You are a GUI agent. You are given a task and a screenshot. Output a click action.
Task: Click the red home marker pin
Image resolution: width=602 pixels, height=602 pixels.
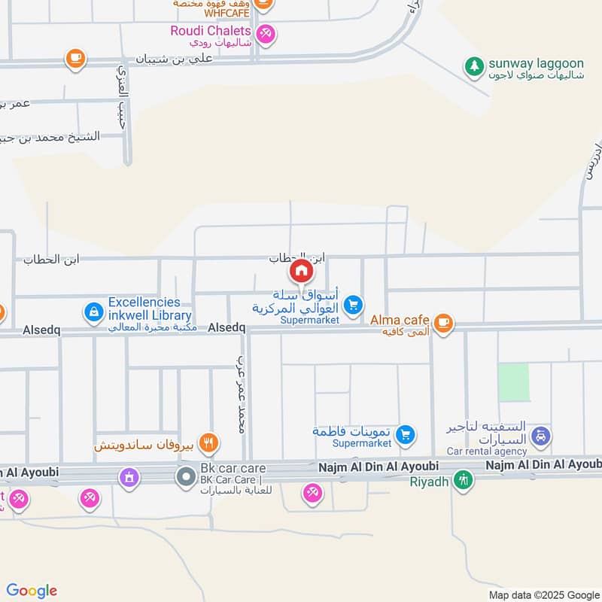pyautogui.click(x=301, y=270)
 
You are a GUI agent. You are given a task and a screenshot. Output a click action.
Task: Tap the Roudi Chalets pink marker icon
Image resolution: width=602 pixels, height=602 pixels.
pyautogui.click(x=265, y=33)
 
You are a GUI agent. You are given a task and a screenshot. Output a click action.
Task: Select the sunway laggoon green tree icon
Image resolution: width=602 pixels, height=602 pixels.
pyautogui.click(x=474, y=66)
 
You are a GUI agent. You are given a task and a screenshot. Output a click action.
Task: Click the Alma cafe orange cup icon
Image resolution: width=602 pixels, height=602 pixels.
pyautogui.click(x=444, y=322)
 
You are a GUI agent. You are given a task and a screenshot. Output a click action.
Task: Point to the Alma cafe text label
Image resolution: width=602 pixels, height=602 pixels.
pyautogui.click(x=400, y=320)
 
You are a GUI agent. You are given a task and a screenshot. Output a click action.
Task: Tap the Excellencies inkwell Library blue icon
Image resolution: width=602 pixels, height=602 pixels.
pyautogui.click(x=94, y=311)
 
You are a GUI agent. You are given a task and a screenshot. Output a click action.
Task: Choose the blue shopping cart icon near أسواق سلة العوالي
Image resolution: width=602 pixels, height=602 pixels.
pyautogui.click(x=353, y=305)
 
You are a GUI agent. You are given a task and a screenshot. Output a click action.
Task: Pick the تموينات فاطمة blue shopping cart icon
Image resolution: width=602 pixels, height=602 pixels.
pyautogui.click(x=406, y=434)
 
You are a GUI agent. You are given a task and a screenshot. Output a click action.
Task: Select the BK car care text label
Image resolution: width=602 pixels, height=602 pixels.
pyautogui.click(x=223, y=468)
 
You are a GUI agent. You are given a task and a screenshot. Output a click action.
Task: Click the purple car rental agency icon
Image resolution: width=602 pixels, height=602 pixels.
pyautogui.click(x=540, y=436)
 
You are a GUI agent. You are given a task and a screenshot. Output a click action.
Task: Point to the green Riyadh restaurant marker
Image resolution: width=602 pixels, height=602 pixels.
pyautogui.click(x=464, y=479)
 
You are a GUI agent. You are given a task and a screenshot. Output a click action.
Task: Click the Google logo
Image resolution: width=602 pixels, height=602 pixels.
pyautogui.click(x=32, y=591)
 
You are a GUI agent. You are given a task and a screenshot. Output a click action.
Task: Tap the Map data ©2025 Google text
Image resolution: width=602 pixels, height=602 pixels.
pyautogui.click(x=551, y=592)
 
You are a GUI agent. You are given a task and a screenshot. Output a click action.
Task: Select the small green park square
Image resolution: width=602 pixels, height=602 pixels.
pyautogui.click(x=514, y=382)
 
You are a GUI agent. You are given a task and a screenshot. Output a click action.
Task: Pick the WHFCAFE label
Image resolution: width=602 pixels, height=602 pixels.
pyautogui.click(x=221, y=14)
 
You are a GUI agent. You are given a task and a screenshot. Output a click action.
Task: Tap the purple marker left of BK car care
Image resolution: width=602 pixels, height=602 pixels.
pyautogui.click(x=129, y=476)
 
